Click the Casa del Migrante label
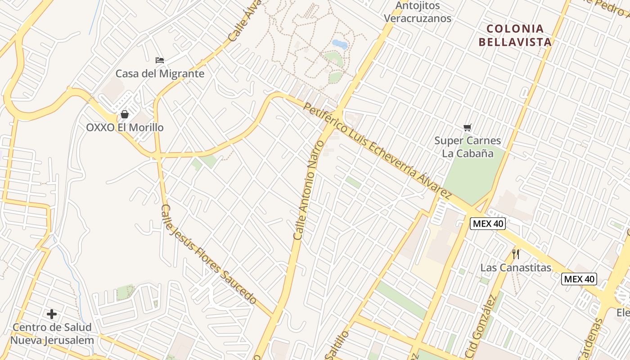[x=160, y=73]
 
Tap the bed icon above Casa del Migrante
[x=160, y=60]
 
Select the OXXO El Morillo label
[x=125, y=127]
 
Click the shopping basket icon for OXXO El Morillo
[x=125, y=114]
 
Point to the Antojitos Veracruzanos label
[x=418, y=12]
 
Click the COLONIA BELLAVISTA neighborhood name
[x=515, y=36]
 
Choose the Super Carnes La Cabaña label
[x=468, y=147]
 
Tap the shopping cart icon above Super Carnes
[x=468, y=128]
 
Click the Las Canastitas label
[x=516, y=268]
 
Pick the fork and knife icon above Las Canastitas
[x=516, y=254]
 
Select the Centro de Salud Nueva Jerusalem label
[x=52, y=333]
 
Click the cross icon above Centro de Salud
[x=52, y=314]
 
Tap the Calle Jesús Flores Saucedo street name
[x=209, y=255]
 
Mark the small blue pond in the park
[x=339, y=44]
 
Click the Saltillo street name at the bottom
[x=337, y=346]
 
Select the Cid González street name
[x=480, y=326]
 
